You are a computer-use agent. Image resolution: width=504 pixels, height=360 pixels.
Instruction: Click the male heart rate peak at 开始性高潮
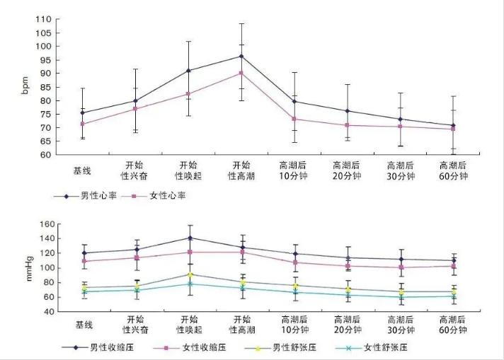(x=241, y=56)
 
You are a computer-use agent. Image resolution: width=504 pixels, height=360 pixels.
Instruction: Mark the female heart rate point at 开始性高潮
(x=241, y=73)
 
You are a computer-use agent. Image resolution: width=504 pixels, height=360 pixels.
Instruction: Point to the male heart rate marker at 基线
(x=83, y=112)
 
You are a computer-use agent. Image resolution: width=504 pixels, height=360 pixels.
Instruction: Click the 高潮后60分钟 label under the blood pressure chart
(x=454, y=325)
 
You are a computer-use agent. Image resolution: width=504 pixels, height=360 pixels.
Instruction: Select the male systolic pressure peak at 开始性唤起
(x=188, y=238)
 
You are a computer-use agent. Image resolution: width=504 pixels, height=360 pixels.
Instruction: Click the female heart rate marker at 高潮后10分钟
(x=294, y=119)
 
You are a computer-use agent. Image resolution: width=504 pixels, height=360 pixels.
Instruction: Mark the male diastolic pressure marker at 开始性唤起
(x=188, y=274)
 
